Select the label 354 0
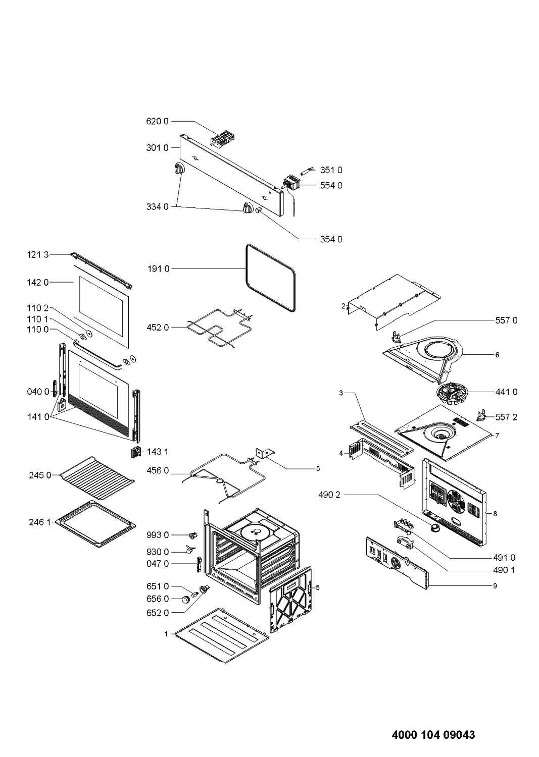click(331, 239)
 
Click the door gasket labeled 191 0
click(270, 277)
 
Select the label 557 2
click(506, 417)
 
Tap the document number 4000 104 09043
click(433, 734)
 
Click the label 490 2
click(329, 495)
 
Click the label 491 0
click(504, 558)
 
